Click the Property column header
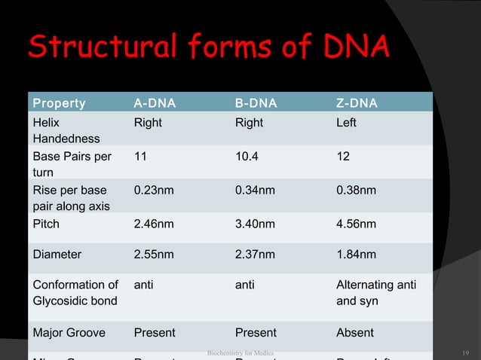pos(58,102)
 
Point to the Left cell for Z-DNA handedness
pos(347,123)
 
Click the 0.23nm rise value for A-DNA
pos(153,191)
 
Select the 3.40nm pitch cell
pos(255,224)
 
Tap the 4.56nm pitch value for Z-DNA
pos(357,224)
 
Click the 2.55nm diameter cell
pos(153,255)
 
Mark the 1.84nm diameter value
pos(357,255)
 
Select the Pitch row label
pos(46,224)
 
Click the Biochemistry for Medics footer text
pos(240,352)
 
